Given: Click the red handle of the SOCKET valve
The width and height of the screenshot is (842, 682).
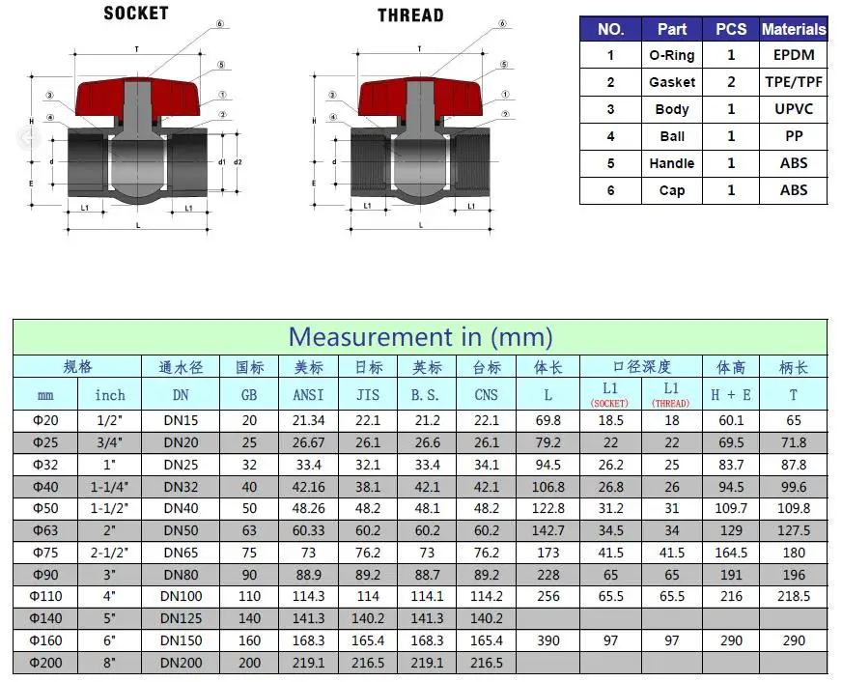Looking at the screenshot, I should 136,97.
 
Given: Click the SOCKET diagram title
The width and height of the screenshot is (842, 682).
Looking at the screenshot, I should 135,14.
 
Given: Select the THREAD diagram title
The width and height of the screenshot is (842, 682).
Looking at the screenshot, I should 410,15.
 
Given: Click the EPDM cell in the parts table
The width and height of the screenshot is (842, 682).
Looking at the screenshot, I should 794,55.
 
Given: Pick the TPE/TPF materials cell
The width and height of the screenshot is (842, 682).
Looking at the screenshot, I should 794,82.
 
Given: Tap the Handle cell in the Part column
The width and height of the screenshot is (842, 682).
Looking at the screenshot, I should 672,163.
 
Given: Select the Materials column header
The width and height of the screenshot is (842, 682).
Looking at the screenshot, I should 794,29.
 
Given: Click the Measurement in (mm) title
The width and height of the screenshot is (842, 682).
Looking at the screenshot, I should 420,337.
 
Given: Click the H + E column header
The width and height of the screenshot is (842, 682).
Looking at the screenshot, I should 730,394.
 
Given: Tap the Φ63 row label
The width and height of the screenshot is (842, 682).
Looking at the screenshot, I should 45,530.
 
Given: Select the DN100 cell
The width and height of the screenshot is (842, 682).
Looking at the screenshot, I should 181,597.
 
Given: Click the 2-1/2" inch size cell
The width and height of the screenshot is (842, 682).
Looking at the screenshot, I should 110,553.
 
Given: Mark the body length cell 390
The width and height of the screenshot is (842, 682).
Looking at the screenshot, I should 547,641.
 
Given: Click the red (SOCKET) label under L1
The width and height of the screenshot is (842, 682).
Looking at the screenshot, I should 609,403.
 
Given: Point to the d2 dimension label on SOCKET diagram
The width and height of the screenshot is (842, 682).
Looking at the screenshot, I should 237,161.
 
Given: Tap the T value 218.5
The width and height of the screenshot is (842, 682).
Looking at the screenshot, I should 793,597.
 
